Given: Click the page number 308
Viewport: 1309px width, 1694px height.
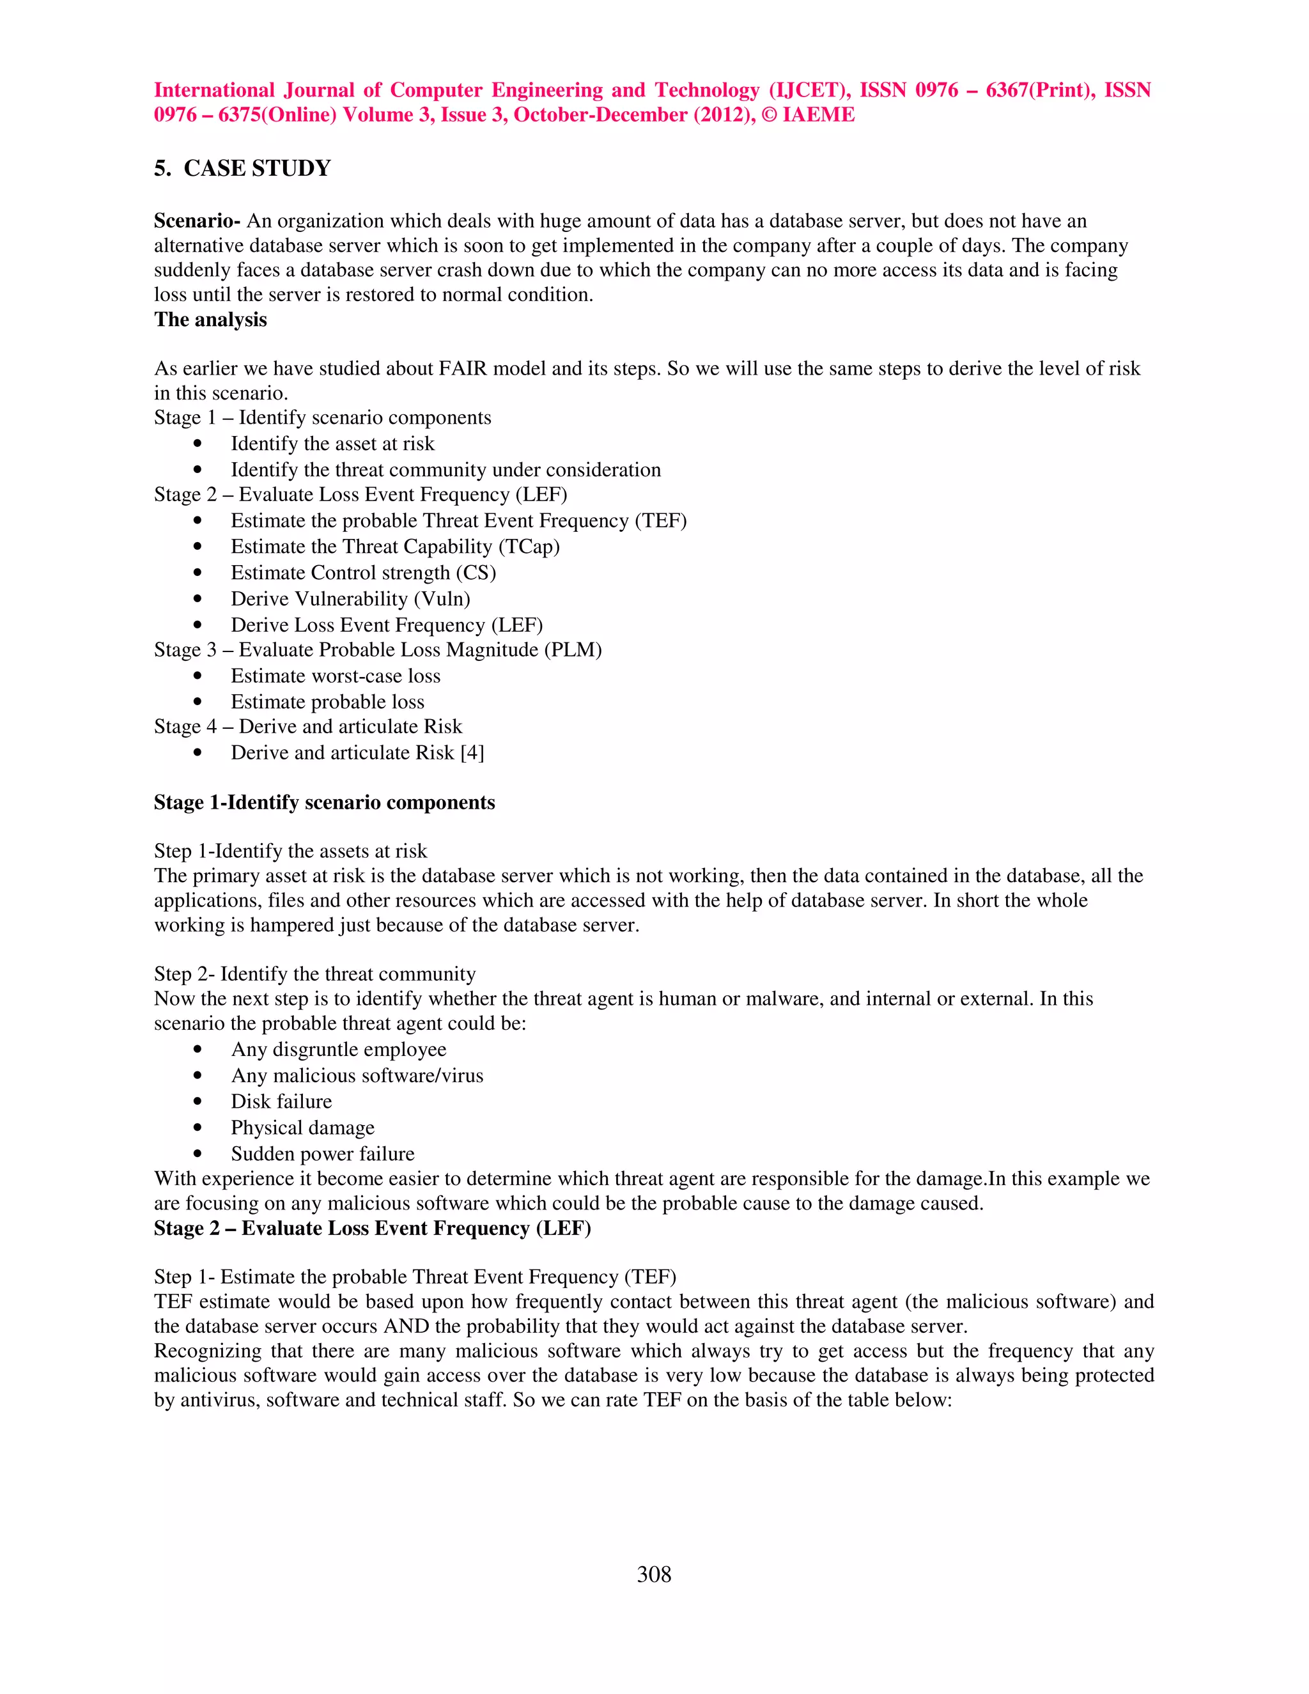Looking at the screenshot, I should pyautogui.click(x=654, y=1574).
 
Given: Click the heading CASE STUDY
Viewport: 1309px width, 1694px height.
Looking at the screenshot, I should pyautogui.click(x=257, y=168).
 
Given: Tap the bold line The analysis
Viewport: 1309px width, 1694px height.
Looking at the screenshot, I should pyautogui.click(x=210, y=320).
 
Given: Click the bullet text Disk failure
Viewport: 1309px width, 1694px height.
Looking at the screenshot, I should pyautogui.click(x=281, y=1101).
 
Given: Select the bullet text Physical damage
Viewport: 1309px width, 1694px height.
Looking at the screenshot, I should pyautogui.click(x=302, y=1128).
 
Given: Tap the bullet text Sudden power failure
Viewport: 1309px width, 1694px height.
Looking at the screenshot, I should pyautogui.click(x=323, y=1154).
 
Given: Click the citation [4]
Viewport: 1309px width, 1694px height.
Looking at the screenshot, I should pyautogui.click(x=472, y=753).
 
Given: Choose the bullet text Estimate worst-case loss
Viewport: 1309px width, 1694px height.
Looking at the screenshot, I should pyautogui.click(x=335, y=676).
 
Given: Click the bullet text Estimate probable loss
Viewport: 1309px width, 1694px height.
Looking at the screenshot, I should pyautogui.click(x=327, y=702).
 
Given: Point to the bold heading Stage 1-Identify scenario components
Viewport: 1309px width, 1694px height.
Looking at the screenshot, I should pyautogui.click(x=324, y=802).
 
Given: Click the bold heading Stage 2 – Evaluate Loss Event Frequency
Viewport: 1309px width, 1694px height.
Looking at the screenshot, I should pyautogui.click(x=372, y=1229).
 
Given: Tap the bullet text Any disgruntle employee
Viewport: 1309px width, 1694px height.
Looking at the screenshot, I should pyautogui.click(x=338, y=1050).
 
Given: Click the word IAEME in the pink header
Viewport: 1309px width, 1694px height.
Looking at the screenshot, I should pyautogui.click(x=818, y=115).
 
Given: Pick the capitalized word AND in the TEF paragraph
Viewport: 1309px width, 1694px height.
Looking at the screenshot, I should pyautogui.click(x=403, y=1326).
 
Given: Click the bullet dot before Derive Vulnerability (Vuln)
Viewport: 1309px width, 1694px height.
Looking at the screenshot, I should pyautogui.click(x=198, y=599).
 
